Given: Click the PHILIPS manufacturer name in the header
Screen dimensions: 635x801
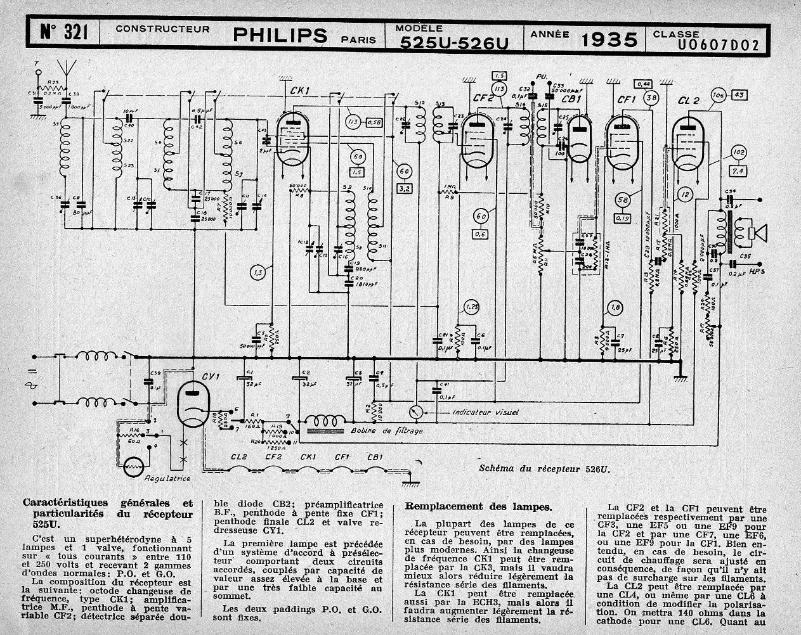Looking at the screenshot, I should coord(280,35).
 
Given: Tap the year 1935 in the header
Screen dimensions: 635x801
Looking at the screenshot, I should coord(609,40).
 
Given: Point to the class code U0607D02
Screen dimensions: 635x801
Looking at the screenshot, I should coord(717,44).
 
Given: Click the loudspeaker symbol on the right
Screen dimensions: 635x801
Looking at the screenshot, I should coord(758,233).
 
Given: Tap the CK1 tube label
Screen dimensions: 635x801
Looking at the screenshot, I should coord(300,92).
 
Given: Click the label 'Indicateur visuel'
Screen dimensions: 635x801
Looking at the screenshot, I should coord(485,412).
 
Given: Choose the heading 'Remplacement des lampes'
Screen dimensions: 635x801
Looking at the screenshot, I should coord(478,506).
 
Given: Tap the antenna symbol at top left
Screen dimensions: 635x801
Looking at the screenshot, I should coord(64,68).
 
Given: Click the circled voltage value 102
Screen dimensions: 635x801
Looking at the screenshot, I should coord(738,152).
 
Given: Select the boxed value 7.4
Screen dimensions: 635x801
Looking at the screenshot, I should coord(738,171).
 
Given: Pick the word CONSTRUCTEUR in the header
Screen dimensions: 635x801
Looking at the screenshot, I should coord(162,29).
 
